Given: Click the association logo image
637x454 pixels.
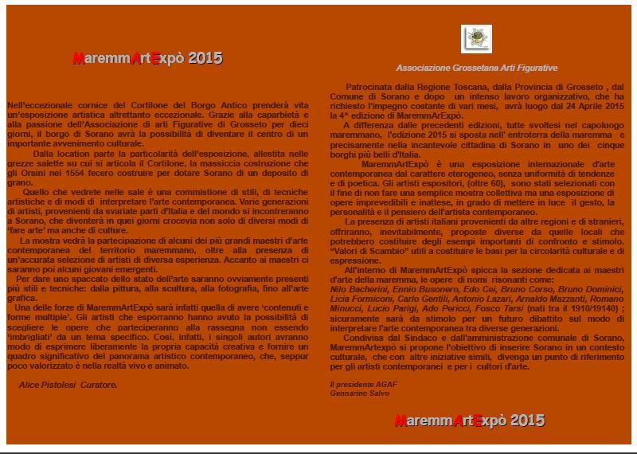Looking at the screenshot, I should tap(476, 39).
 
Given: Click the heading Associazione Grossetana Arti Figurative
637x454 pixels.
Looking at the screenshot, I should tap(477, 68).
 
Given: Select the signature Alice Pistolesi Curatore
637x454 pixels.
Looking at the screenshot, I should tap(68, 385).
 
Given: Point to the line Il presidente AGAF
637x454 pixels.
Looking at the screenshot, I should tap(363, 385).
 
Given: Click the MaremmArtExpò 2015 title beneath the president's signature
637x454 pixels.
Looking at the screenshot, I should tap(470, 421).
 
